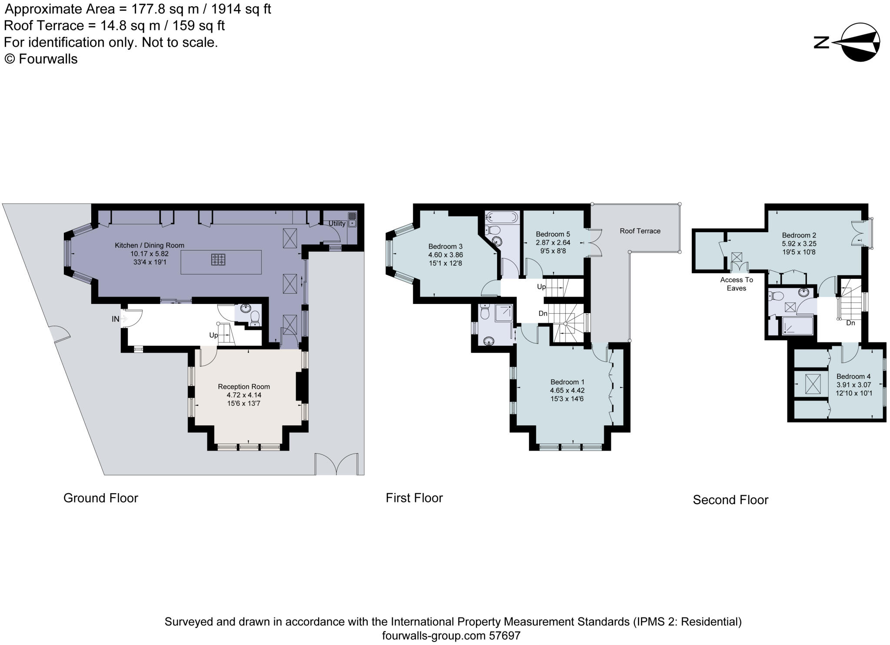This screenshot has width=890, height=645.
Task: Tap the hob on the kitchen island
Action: click(218, 260)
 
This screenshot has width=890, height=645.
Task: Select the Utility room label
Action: click(337, 223)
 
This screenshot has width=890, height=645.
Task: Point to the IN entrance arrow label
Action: click(116, 319)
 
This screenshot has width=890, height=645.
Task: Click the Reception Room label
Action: click(244, 387)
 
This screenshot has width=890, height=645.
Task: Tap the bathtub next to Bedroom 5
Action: click(502, 217)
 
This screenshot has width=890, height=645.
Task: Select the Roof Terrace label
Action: click(640, 231)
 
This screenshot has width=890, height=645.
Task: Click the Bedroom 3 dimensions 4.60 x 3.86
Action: click(445, 255)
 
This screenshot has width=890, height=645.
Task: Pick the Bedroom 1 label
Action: click(567, 382)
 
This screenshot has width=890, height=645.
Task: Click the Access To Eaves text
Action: click(736, 284)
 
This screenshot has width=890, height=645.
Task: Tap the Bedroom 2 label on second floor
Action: click(799, 235)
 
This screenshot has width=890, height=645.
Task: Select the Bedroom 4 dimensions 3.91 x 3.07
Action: click(853, 385)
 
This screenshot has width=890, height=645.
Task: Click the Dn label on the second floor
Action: click(850, 323)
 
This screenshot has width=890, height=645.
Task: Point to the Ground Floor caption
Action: click(100, 498)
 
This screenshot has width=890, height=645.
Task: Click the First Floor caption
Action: click(414, 498)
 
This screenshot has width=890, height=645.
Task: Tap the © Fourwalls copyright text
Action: click(41, 59)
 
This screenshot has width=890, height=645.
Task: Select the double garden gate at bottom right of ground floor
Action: click(337, 465)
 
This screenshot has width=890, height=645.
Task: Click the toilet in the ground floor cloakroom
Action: click(255, 317)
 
